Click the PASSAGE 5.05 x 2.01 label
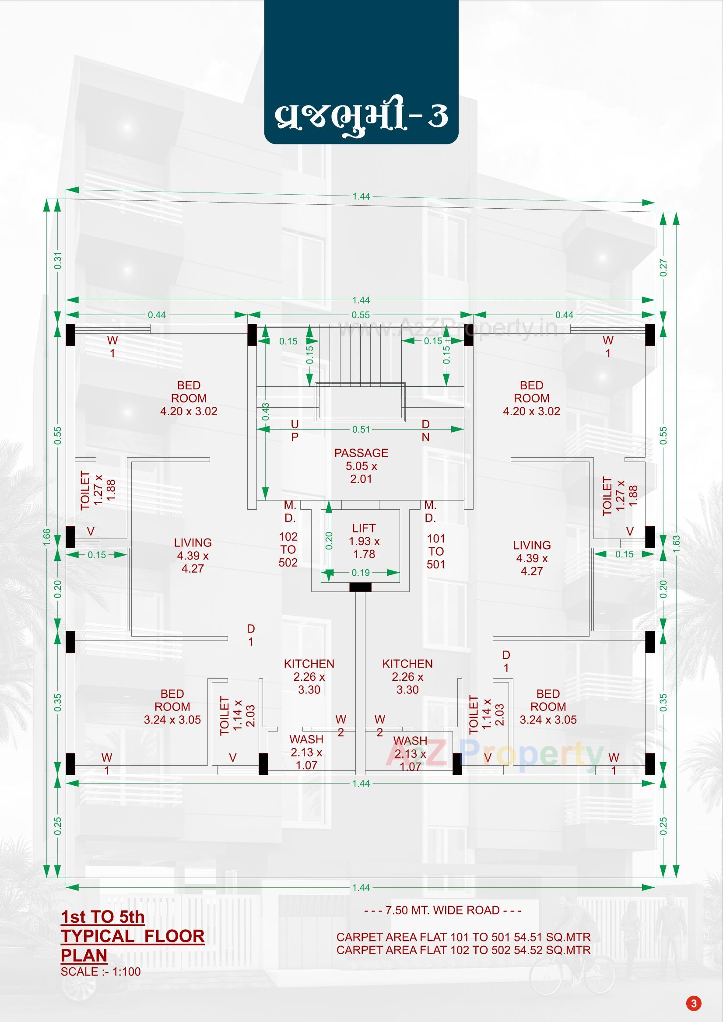click(361, 466)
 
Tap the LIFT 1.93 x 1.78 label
click(364, 541)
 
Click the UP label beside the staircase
click(295, 430)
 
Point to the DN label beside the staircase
click(425, 430)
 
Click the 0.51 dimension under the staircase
click(361, 430)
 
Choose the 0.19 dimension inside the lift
click(361, 573)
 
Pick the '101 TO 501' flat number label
click(436, 551)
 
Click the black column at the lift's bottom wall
click(360, 587)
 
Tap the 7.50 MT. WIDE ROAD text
click(442, 910)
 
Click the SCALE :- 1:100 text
click(101, 971)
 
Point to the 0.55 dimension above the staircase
click(361, 315)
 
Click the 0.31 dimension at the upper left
click(57, 261)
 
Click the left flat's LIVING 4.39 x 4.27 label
click(192, 556)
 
